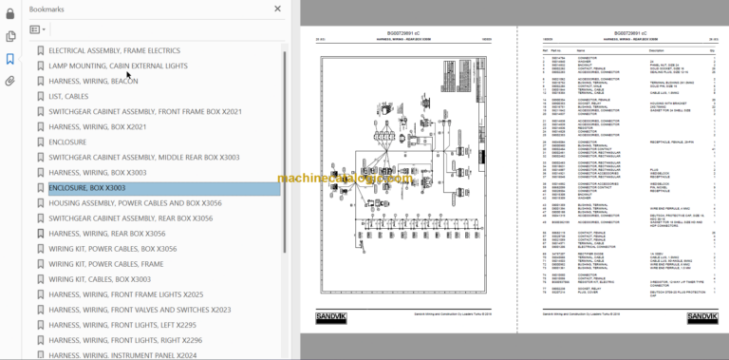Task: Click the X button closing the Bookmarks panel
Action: click(278, 9)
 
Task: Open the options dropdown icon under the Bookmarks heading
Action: click(37, 29)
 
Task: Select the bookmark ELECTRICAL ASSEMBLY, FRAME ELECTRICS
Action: click(114, 50)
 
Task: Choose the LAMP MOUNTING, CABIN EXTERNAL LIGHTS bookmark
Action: click(118, 66)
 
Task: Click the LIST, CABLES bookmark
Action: click(75, 96)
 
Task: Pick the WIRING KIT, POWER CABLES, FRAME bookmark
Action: click(106, 264)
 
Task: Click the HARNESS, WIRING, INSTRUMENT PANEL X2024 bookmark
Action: click(124, 355)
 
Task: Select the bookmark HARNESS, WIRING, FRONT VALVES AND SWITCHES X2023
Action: click(140, 310)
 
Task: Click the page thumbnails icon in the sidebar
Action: click(10, 36)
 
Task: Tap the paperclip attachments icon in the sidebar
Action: click(10, 81)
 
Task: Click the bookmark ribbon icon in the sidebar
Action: click(10, 59)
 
